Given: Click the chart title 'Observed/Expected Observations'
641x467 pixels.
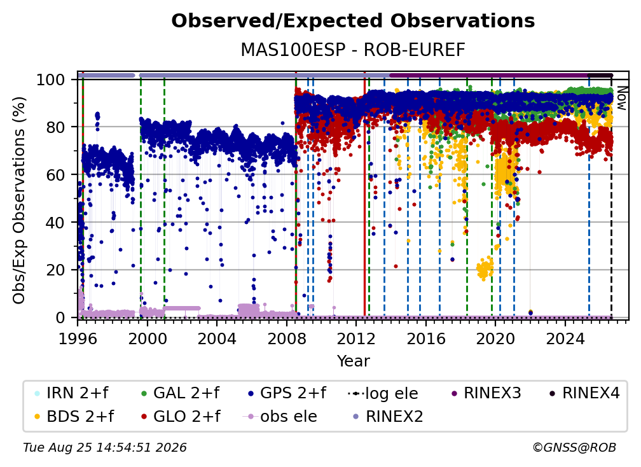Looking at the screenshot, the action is coord(353,21).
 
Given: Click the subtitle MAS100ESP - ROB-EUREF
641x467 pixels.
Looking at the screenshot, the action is coord(353,50).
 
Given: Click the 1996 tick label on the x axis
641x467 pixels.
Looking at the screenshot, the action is coord(78,338).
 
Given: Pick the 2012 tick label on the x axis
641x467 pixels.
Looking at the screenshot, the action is coord(356,338).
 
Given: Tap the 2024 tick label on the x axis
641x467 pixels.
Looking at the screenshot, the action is coord(565,338).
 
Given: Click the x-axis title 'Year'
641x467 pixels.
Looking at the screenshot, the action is coord(353,361).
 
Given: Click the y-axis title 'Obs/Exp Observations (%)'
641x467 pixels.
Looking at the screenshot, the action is coord(19,200).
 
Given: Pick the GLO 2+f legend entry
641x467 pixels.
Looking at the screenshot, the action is coord(181,416).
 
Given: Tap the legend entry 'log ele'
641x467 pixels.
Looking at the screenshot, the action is coord(383,393).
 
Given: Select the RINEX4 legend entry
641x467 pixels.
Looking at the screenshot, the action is coord(584,393).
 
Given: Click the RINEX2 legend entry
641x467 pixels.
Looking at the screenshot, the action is coord(388,416).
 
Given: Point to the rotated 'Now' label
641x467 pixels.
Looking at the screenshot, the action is coord(621,98).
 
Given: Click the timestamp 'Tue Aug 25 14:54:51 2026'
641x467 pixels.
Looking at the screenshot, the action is coord(105,448).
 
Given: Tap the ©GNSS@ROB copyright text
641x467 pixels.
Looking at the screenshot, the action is coord(574,448).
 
